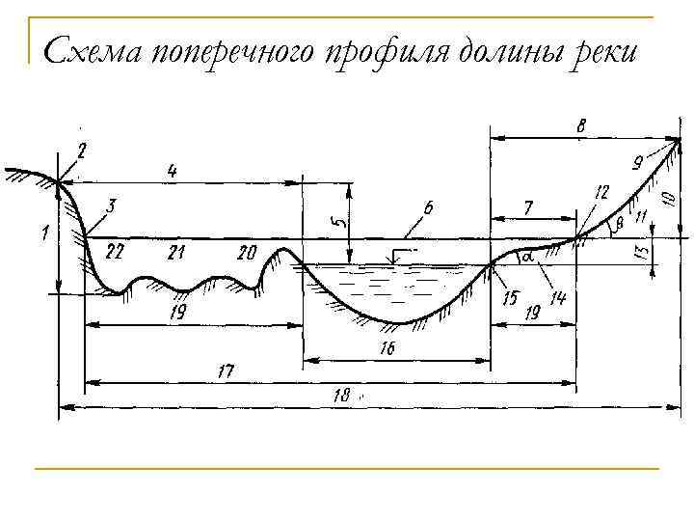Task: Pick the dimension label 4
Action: click(172, 171)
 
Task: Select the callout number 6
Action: click(427, 208)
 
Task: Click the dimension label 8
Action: click(583, 125)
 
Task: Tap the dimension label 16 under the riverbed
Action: click(387, 349)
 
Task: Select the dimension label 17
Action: click(226, 370)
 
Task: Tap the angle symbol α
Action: click(528, 259)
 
